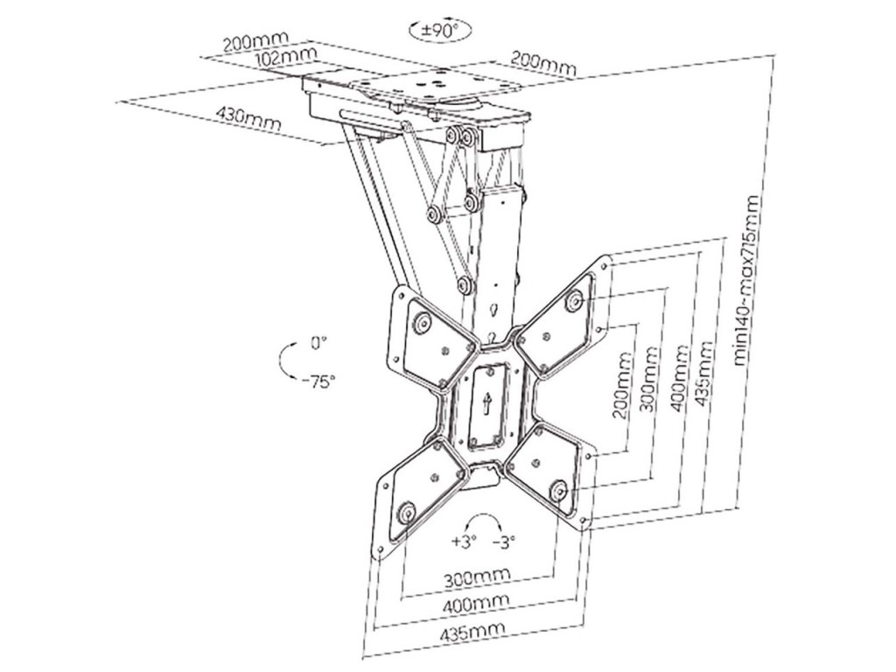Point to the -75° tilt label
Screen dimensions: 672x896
pos(317,381)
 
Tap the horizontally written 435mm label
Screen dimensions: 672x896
pos(468,631)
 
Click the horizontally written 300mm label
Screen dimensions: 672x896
pos(473,578)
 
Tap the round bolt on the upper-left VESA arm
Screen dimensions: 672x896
pos(421,324)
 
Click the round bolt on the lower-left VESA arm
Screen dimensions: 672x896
pos(405,511)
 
